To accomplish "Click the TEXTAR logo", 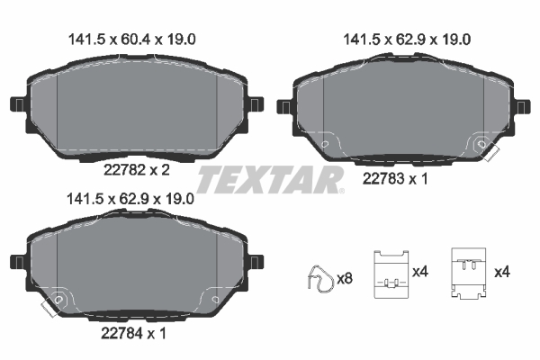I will pyautogui.click(x=270, y=180).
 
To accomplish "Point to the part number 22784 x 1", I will pyautogui.click(x=131, y=333).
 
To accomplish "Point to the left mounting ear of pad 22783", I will pyautogui.click(x=284, y=107).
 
